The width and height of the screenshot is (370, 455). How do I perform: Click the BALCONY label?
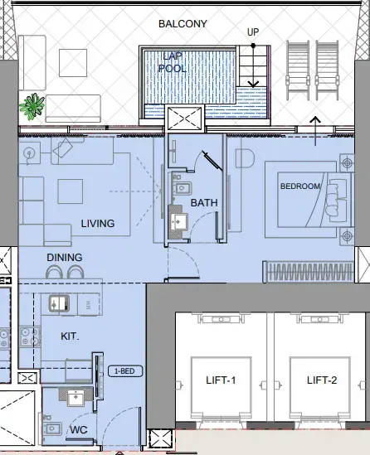184,24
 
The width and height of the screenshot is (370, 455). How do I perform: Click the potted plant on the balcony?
33,104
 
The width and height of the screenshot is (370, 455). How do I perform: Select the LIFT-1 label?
222,380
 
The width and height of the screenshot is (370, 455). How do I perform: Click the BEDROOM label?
299,186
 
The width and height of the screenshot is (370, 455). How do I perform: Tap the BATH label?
204,202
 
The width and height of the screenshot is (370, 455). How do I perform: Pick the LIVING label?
97,224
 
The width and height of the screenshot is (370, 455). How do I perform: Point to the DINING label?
64,258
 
